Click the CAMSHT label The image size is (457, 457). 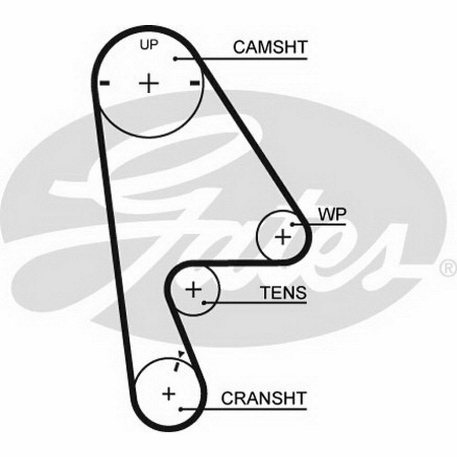point(270,47)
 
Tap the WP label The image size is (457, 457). point(332,214)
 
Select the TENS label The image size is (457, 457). point(284,292)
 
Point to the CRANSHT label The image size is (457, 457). point(264,398)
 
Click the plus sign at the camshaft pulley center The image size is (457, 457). point(149,83)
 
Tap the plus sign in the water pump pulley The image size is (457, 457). point(283,236)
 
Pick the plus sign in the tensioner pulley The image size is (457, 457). point(193,290)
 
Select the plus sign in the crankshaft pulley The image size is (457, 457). point(169,394)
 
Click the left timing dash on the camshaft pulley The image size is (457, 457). point(104,83)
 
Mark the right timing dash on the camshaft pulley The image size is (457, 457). point(195,83)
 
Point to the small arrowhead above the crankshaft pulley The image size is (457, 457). point(181,353)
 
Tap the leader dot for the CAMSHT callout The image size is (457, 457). point(175,59)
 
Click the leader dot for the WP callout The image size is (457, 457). point(292,224)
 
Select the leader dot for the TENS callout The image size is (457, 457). point(205,303)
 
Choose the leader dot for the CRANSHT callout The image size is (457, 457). point(181,409)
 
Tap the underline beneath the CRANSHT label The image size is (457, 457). point(244,409)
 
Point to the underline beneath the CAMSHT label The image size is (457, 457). point(241,59)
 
